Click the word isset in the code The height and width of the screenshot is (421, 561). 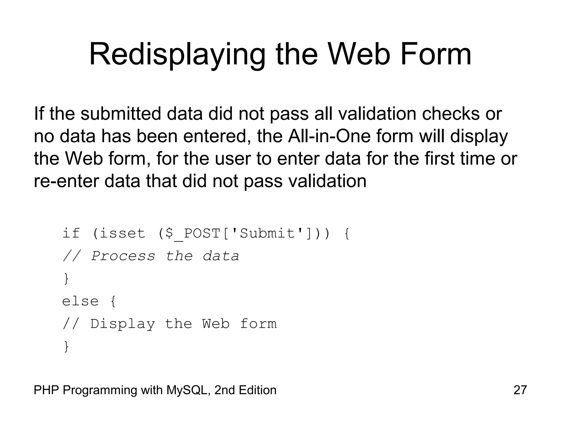122,234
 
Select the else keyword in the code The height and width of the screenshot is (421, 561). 80,301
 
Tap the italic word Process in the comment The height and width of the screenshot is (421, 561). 123,256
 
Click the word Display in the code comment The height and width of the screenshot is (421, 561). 122,324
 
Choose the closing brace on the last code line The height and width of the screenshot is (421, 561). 66,347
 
